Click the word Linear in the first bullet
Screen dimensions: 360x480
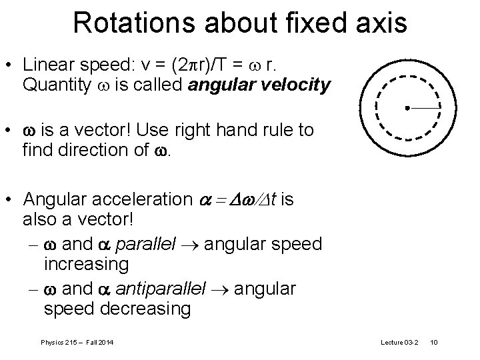[x=47, y=65]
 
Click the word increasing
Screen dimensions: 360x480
[x=86, y=265]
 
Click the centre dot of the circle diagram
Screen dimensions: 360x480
[x=406, y=107]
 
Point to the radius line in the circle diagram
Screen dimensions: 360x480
[x=423, y=107]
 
